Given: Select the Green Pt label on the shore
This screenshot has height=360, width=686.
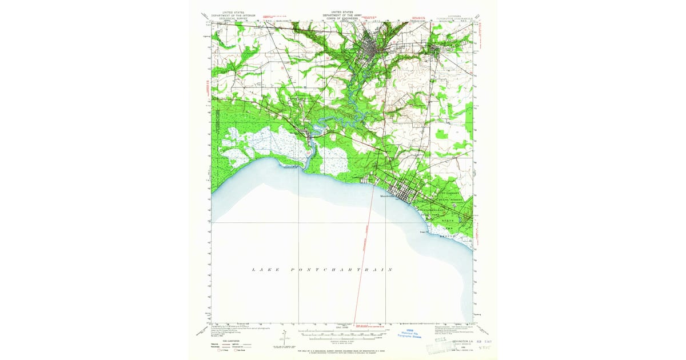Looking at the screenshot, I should pyautogui.click(x=424, y=231).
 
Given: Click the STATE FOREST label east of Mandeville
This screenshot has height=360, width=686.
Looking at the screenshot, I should pyautogui.click(x=448, y=201).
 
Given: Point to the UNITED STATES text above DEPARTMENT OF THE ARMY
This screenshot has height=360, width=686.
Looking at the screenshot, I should pyautogui.click(x=342, y=11).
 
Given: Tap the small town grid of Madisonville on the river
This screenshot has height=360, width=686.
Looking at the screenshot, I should pyautogui.click(x=310, y=136).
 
